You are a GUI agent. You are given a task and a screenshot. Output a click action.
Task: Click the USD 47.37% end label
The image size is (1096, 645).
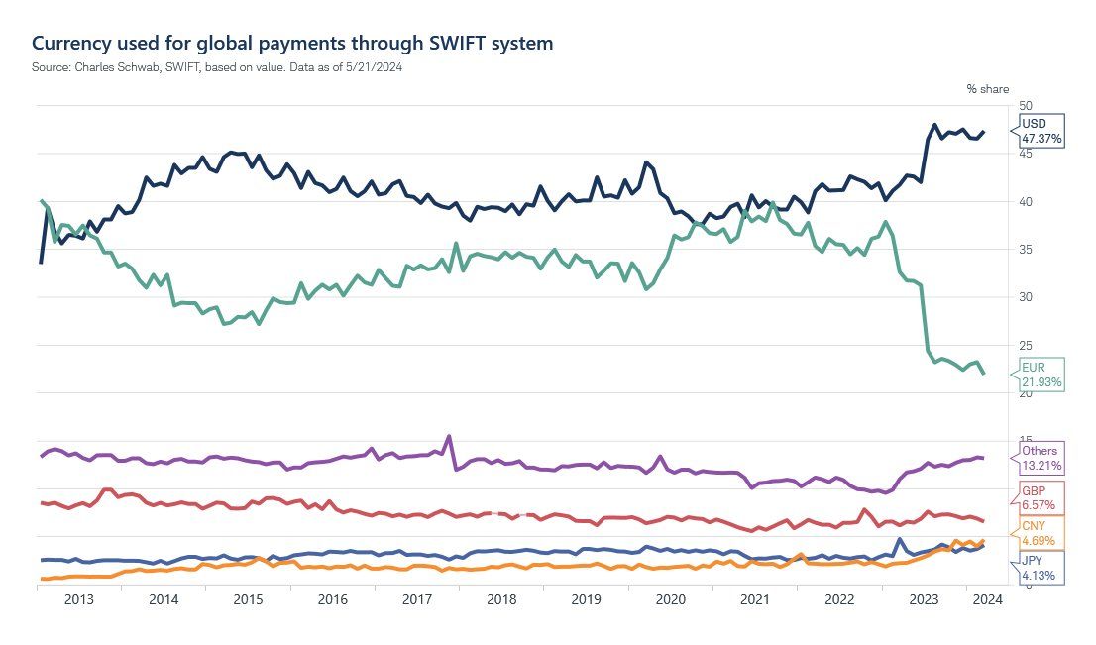pyautogui.click(x=1041, y=131)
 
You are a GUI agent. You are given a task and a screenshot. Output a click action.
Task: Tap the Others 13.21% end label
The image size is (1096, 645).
pyautogui.click(x=1041, y=458)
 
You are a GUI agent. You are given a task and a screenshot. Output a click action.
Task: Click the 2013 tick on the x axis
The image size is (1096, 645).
pyautogui.click(x=79, y=599)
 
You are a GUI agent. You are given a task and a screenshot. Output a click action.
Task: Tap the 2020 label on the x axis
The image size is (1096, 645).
pyautogui.click(x=671, y=599)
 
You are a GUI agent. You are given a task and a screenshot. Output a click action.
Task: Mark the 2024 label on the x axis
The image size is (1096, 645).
pyautogui.click(x=987, y=599)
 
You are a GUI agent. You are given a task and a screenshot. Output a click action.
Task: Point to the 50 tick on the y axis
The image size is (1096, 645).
pyautogui.click(x=1026, y=106)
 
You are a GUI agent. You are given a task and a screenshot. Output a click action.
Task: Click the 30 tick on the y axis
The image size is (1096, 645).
pyautogui.click(x=1026, y=297)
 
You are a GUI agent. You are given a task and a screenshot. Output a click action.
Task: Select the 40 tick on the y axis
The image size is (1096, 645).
pyautogui.click(x=1026, y=202)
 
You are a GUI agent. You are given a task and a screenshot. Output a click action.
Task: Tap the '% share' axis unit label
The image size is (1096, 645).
pyautogui.click(x=987, y=89)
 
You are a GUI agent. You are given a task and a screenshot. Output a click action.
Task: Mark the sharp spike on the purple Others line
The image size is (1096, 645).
pyautogui.click(x=449, y=436)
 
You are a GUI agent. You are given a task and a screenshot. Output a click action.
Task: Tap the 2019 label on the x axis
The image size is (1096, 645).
pyautogui.click(x=587, y=599)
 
